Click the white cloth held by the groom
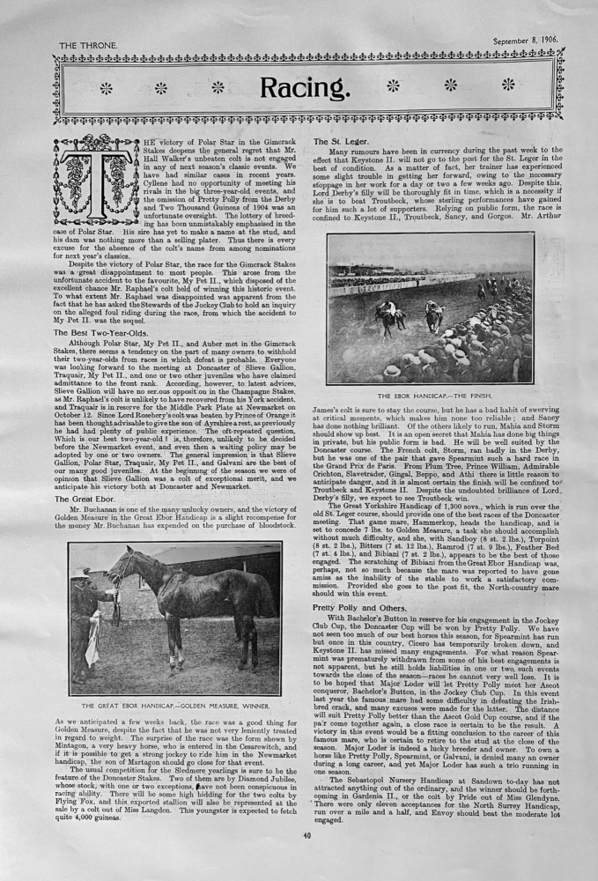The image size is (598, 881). point(92,642)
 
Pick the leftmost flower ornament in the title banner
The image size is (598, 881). point(105,87)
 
